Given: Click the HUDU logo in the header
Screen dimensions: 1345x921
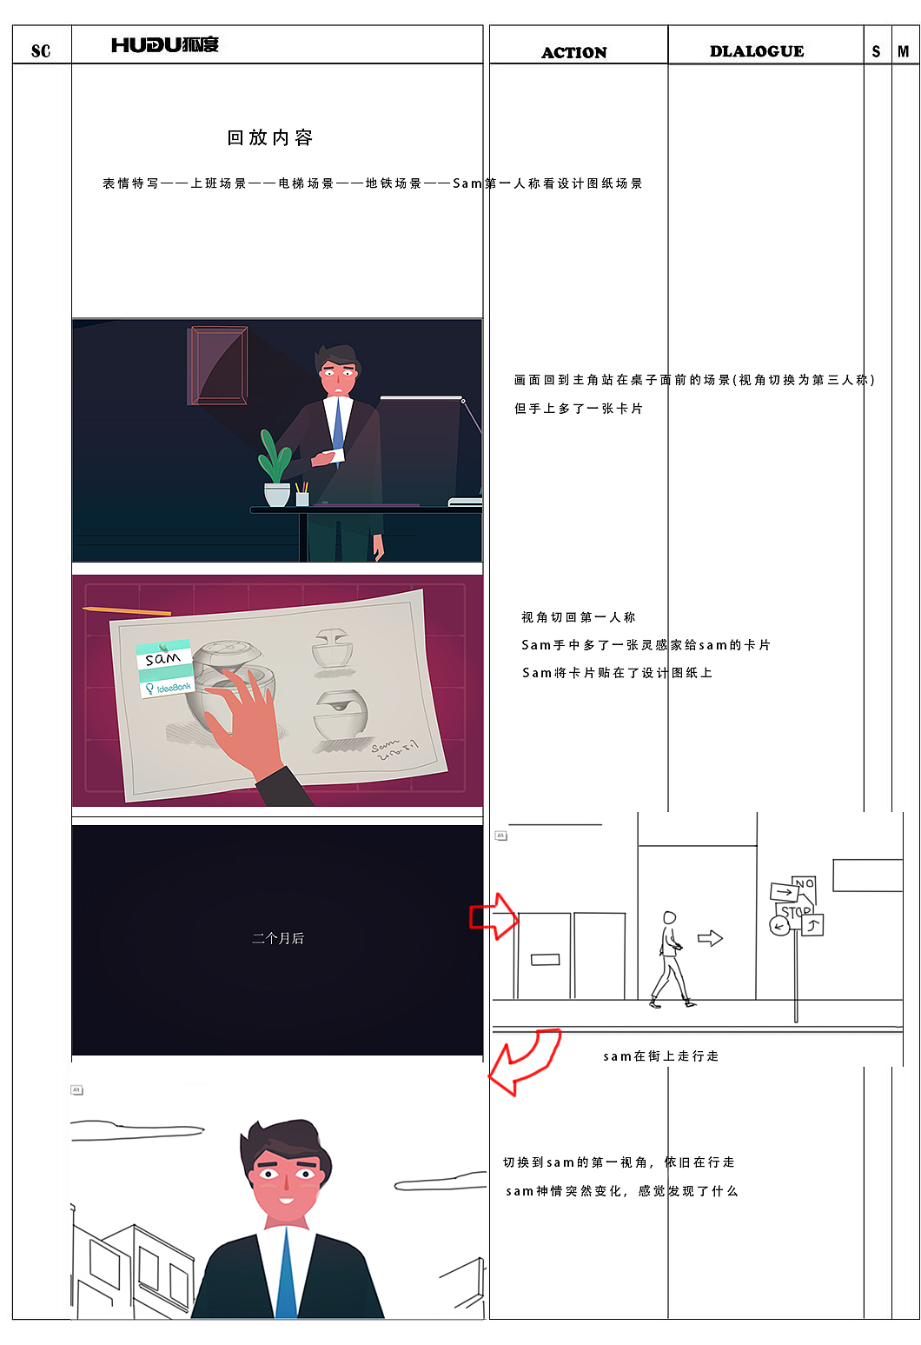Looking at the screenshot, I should [165, 45].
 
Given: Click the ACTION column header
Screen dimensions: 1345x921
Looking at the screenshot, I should [574, 52].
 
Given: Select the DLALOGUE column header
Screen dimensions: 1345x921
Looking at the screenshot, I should [757, 51].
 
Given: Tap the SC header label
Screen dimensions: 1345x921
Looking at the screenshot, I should [41, 51].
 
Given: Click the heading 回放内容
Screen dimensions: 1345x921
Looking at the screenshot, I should [270, 137].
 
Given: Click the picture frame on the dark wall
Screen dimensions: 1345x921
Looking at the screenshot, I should [218, 365].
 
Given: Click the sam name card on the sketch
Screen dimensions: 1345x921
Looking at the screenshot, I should [165, 670].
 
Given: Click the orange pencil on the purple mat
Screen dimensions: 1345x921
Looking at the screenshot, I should [127, 611].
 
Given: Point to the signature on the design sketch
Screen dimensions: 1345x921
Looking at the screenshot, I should [395, 749].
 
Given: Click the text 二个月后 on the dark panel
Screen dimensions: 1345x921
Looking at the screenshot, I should [278, 938].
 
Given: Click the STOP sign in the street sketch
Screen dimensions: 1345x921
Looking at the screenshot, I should [794, 913].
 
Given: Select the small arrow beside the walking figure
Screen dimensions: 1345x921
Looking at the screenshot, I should [710, 938].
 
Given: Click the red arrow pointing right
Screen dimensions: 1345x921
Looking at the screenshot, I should [494, 916].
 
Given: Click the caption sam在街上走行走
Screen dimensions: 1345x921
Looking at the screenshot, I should [660, 1056].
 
